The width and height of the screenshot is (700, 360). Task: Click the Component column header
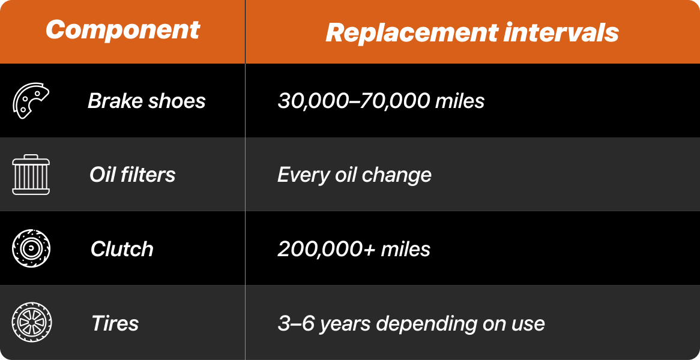click(x=122, y=31)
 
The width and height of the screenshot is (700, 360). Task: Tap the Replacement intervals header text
click(x=472, y=33)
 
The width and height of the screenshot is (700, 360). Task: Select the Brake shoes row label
click(x=146, y=101)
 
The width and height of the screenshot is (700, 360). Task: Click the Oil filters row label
click(x=133, y=175)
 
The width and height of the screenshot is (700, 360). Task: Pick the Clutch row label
click(x=122, y=248)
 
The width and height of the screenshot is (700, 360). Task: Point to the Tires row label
click(x=115, y=323)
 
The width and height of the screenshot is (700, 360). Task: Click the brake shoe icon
click(x=31, y=101)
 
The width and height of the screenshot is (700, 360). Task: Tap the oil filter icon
click(x=31, y=175)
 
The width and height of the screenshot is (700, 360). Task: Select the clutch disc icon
click(x=31, y=248)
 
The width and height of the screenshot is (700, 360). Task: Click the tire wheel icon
click(x=31, y=323)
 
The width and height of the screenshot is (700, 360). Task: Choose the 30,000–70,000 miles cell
click(x=381, y=101)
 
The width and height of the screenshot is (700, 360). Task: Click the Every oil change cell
click(x=354, y=175)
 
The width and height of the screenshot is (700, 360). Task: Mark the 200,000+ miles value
click(x=354, y=249)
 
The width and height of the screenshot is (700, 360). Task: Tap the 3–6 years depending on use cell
click(x=411, y=323)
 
